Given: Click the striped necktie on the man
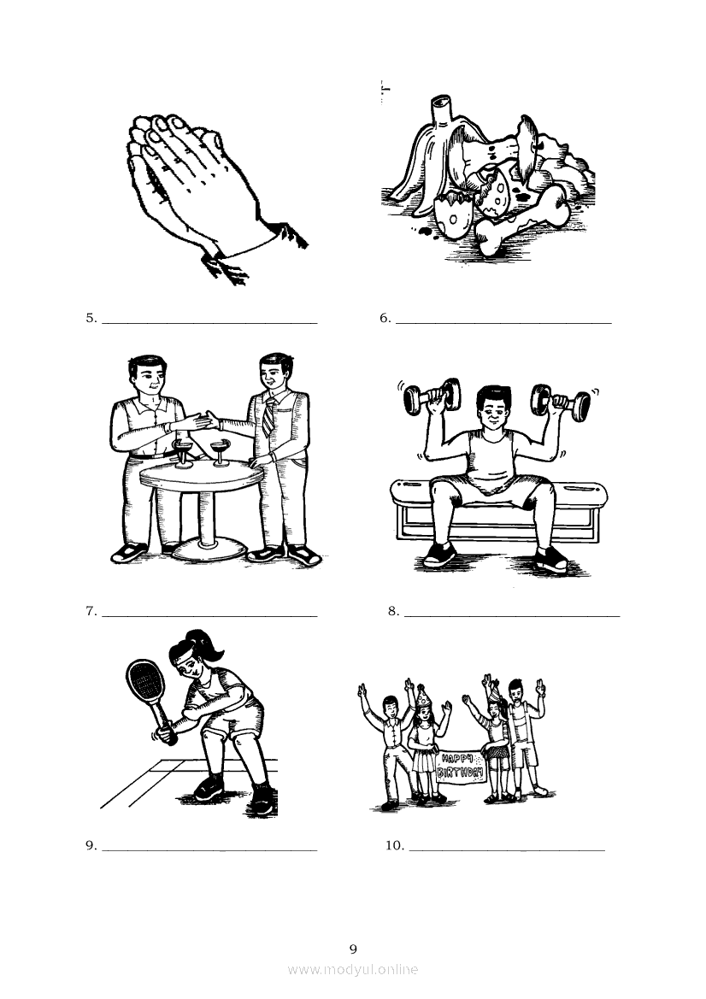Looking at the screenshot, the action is [268, 417].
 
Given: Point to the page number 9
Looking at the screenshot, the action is [353, 949].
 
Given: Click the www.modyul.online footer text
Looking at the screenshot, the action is [353, 970].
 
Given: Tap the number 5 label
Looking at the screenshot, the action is [91, 318].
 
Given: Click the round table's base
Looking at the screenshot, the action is [209, 547].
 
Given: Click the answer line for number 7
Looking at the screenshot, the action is [209, 617].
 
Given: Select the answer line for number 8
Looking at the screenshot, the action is [512, 617].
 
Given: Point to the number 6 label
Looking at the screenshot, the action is [385, 318].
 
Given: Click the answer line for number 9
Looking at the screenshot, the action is [209, 850].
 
